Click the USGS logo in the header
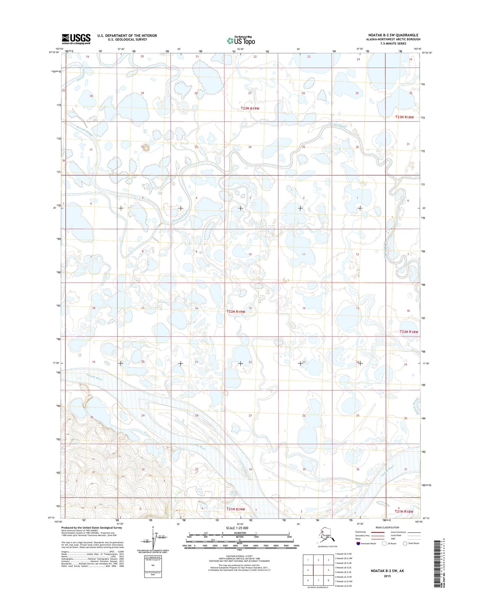[76, 39]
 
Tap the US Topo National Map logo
[241, 40]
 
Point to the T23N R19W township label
[250, 109]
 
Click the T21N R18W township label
[404, 511]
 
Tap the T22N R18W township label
[409, 332]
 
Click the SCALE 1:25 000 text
[237, 528]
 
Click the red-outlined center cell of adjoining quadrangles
[318, 570]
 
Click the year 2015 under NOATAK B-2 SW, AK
[387, 576]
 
